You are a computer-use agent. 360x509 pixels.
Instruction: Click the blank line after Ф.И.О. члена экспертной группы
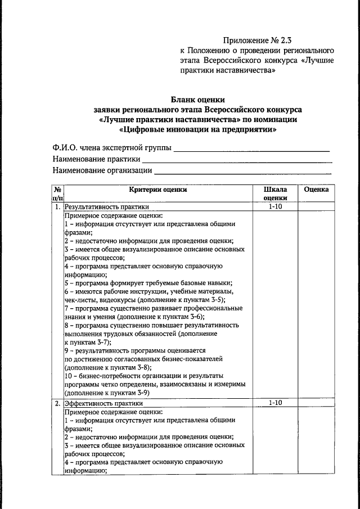click(x=251, y=150)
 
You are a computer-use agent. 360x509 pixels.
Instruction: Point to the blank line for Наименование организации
click(x=243, y=171)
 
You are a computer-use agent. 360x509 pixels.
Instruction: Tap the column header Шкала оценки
click(x=275, y=193)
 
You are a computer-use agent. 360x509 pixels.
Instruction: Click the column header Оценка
click(x=316, y=190)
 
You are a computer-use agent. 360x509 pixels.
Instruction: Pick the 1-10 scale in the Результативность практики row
click(x=275, y=206)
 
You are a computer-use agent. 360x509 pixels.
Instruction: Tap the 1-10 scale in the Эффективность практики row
click(x=275, y=403)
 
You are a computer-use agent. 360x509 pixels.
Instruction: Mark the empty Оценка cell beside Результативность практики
click(x=316, y=206)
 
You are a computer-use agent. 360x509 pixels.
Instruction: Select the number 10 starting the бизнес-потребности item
click(x=68, y=375)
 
